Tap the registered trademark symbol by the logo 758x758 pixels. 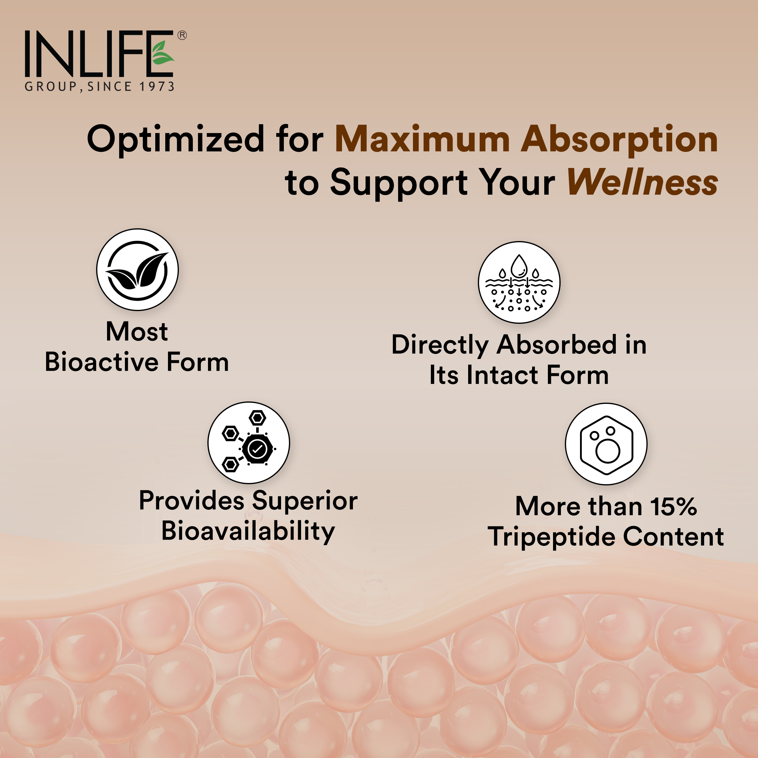[182, 35]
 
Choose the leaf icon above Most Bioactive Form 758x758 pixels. [137, 270]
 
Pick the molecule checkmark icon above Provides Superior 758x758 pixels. [249, 443]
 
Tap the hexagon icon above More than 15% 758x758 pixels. [606, 444]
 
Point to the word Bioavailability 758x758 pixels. [248, 532]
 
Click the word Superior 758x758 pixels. [305, 501]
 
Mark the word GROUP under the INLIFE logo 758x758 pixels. [51, 86]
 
